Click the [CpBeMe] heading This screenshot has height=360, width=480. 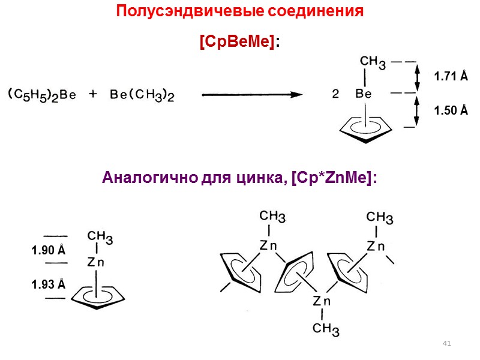pos(238,41)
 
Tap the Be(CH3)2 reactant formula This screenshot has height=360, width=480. pos(143,94)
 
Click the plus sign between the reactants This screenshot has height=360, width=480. pos(94,94)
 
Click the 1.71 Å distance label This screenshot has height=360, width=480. pos(451,76)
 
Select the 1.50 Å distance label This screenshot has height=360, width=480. pos(451,111)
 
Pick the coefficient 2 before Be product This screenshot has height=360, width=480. pos(336,94)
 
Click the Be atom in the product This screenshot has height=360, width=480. pos(364,94)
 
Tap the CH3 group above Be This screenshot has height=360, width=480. pos(373,61)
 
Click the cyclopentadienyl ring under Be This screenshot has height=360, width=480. pos(367,128)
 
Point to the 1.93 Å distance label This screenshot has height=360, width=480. pos(49,284)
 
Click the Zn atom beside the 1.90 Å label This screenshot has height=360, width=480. pos(97,262)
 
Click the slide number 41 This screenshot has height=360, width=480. pos(446,343)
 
